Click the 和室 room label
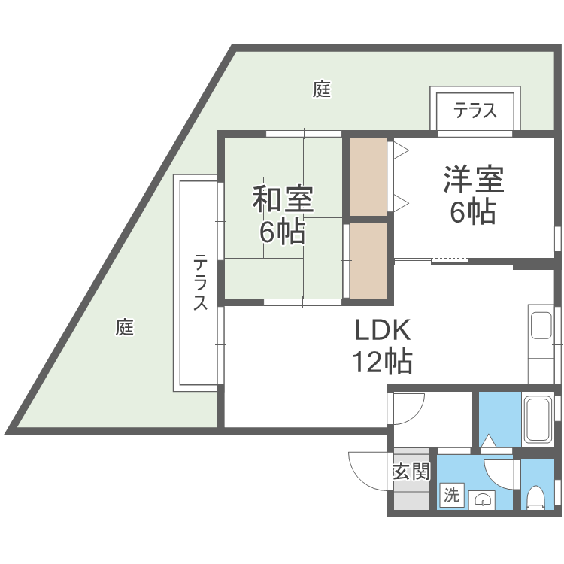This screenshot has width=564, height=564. (283, 200)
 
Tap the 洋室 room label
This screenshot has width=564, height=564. (473, 180)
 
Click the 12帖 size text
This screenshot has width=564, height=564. (382, 362)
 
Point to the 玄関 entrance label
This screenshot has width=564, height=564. (411, 472)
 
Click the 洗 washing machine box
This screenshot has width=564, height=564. (450, 495)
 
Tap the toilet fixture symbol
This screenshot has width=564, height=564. (536, 497)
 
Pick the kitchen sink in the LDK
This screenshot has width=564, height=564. (541, 326)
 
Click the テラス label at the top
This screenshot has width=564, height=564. (475, 111)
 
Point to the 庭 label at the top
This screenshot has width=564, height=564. (322, 90)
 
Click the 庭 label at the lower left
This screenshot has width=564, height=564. (125, 327)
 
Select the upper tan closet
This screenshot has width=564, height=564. (368, 177)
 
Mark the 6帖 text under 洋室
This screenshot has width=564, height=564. (473, 213)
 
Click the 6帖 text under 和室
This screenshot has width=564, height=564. (283, 232)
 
